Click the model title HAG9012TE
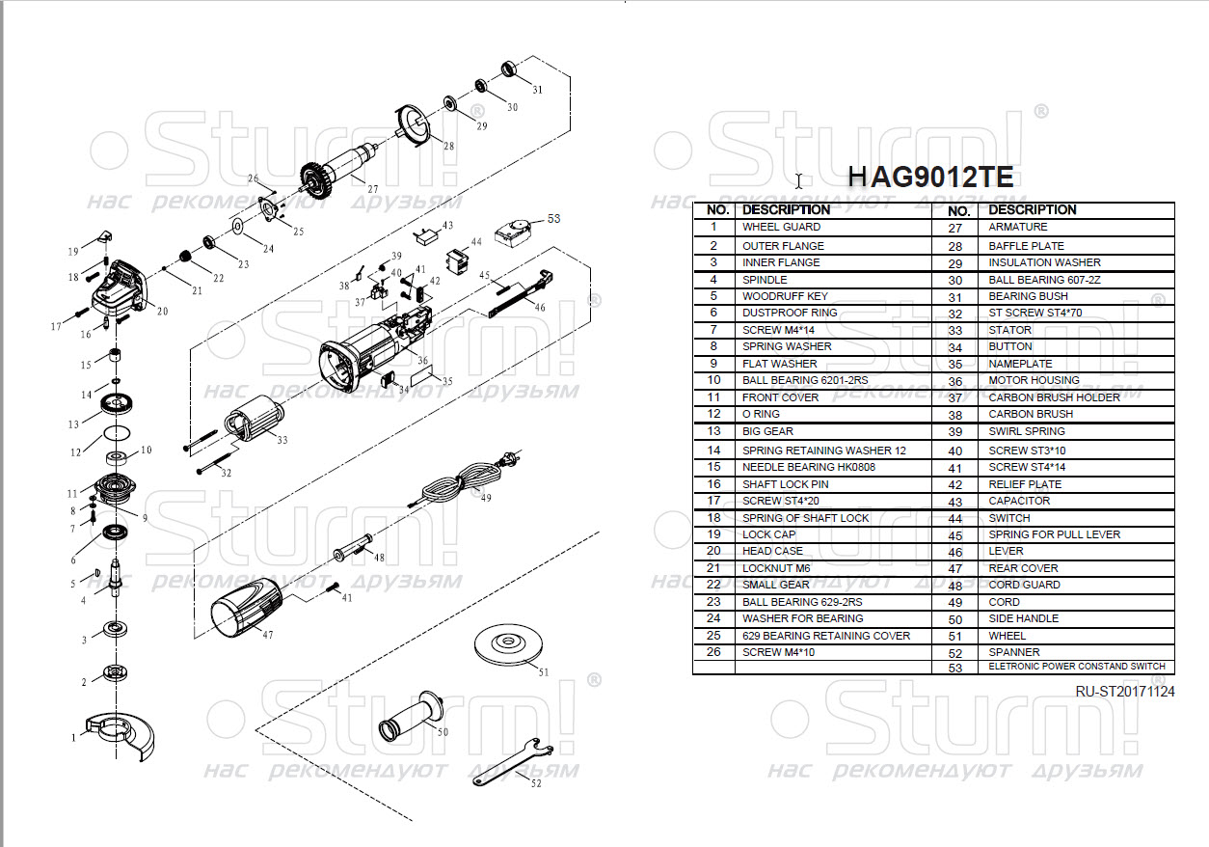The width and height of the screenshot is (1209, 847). tap(929, 177)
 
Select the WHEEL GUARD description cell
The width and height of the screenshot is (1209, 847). tap(781, 227)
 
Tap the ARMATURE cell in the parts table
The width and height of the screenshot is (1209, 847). tap(1017, 228)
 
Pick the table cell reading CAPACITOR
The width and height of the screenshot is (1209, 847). tap(1019, 501)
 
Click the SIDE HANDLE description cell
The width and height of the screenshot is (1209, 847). tap(1023, 618)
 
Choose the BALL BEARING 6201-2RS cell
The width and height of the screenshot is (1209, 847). tap(804, 380)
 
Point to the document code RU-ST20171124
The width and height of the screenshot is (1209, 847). tap(1125, 691)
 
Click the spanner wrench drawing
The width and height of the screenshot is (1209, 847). tap(511, 761)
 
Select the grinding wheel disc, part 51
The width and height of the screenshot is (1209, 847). tap(511, 644)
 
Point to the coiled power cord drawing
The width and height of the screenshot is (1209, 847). tap(461, 478)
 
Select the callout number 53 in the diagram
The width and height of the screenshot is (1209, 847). tap(553, 219)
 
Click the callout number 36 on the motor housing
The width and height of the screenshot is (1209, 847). tap(422, 360)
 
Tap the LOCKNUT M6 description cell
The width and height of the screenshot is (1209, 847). tap(776, 568)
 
